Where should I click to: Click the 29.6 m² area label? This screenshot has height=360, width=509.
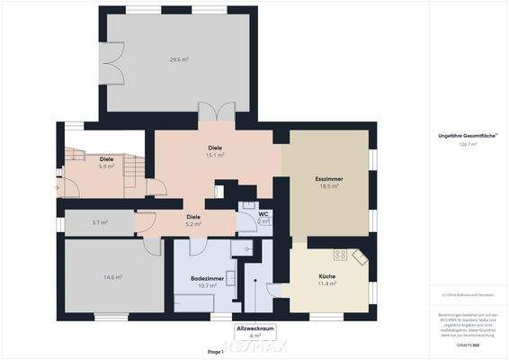tap(178, 59)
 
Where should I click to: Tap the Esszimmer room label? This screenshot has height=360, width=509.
tap(328, 179)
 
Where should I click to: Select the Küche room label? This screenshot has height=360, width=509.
tap(327, 275)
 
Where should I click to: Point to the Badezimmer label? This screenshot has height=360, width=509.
tap(207, 278)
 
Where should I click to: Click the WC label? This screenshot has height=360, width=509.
tap(263, 213)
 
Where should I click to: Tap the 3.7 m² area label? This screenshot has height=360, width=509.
tap(99, 222)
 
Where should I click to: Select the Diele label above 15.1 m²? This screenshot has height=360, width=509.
tap(215, 147)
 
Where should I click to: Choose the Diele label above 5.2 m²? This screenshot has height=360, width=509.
tap(193, 216)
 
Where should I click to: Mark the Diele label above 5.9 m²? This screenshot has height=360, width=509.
tap(106, 159)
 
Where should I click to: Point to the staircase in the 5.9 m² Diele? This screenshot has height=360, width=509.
tap(133, 167)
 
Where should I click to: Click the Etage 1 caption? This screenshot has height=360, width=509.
tap(215, 351)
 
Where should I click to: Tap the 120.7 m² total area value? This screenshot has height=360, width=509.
tap(469, 143)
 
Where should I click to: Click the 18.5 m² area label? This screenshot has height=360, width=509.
tap(328, 187)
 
